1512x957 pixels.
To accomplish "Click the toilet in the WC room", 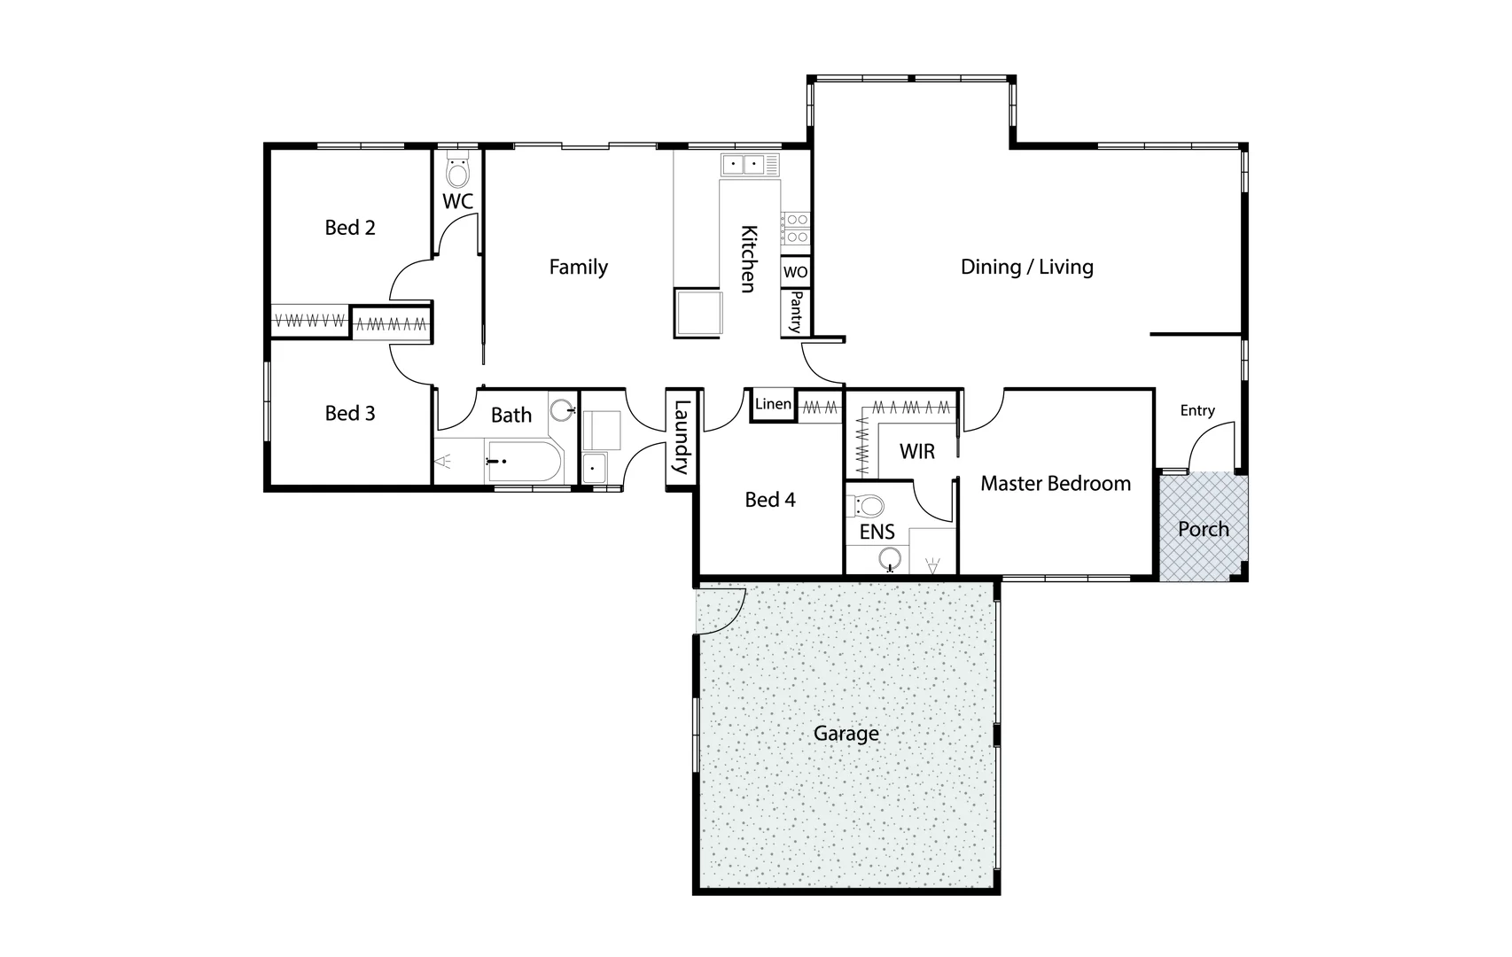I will pos(457,172).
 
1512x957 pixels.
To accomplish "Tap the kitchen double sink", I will pos(744,164).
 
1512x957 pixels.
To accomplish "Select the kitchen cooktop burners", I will pos(795,228).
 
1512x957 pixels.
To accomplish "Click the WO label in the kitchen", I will pos(795,272).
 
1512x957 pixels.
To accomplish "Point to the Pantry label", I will pos(795,312).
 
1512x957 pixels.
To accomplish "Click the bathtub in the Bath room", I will pos(524,462).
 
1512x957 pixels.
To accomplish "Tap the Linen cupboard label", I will pos(773,404).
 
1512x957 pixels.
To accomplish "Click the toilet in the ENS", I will pos(869,507).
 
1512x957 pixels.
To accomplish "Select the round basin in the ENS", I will pos(890,558).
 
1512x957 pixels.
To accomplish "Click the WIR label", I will pos(916,452).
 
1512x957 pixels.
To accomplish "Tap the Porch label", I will pos(1203,529).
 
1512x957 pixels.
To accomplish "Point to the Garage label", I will pos(846,734).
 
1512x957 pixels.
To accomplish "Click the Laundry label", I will pos(682,439).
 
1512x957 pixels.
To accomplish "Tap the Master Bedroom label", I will pos(1055,484).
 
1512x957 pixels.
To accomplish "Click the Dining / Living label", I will pos(1026,267).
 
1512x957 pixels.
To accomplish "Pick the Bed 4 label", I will pos(769,500).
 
